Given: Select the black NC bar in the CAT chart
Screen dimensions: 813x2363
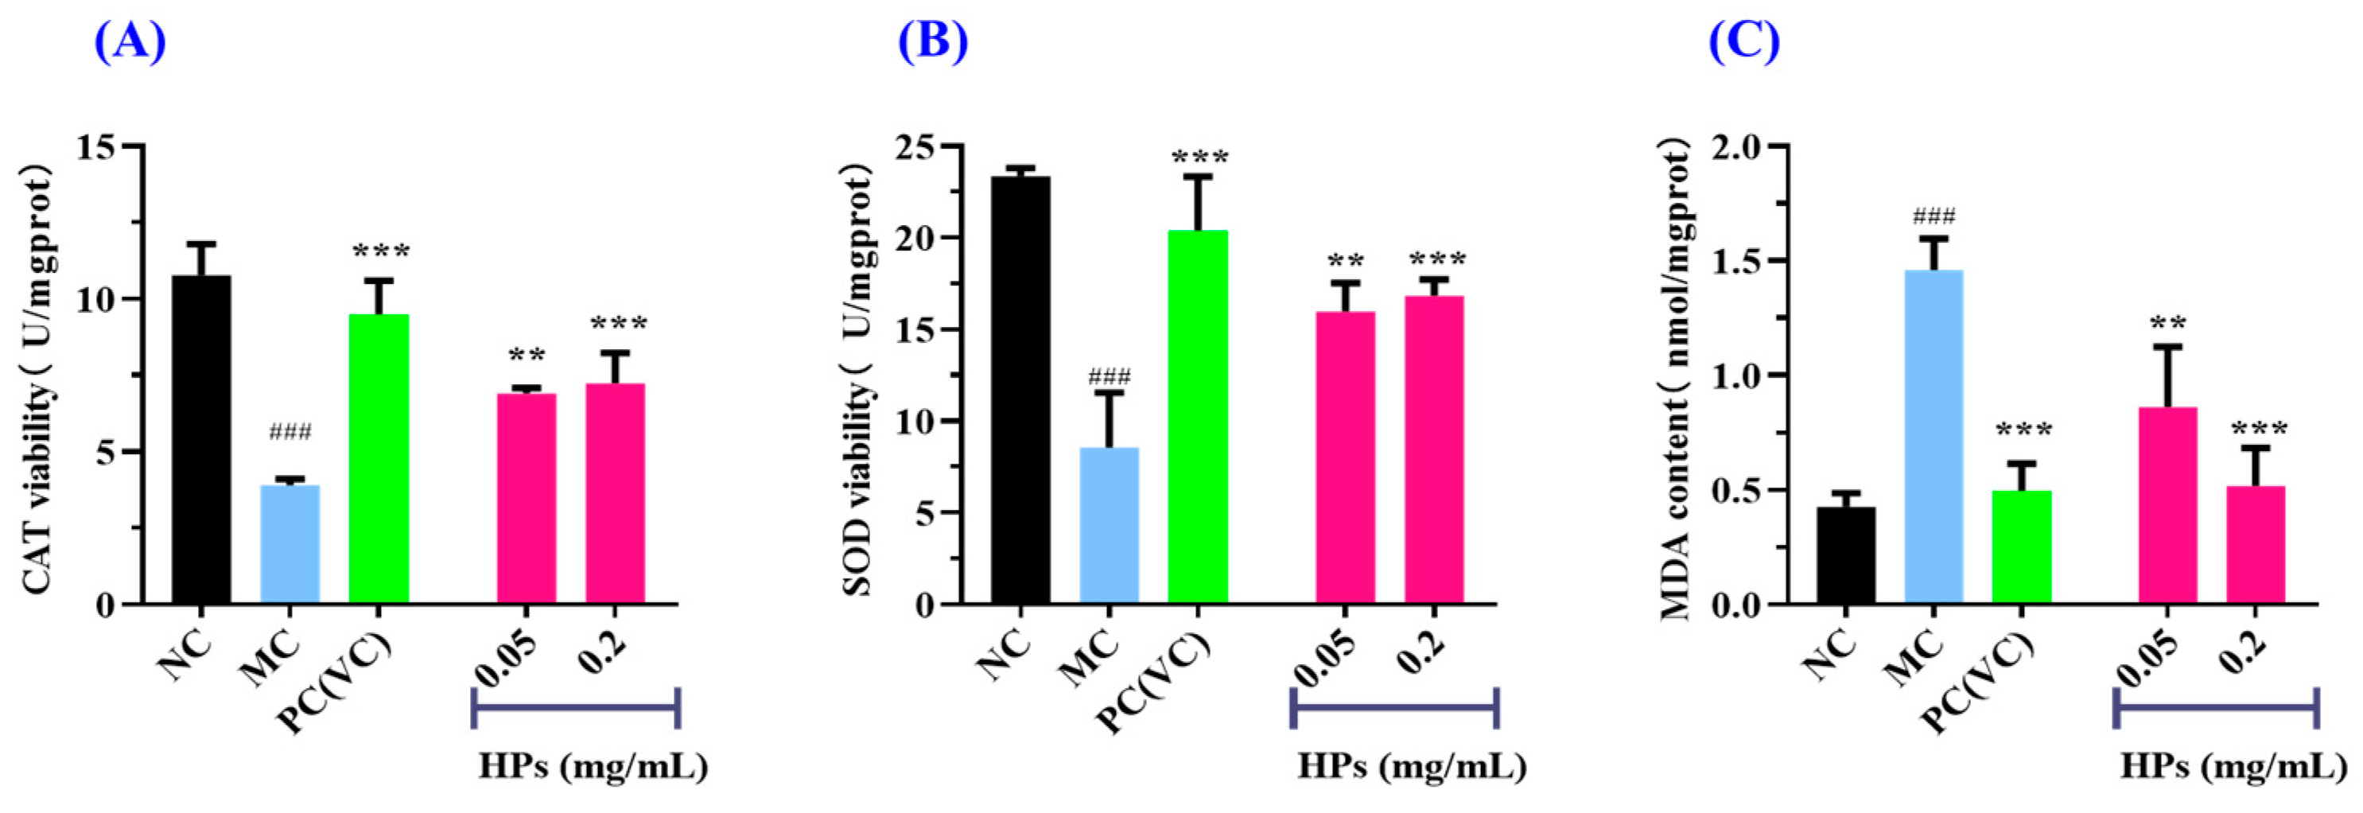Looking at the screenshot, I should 202,441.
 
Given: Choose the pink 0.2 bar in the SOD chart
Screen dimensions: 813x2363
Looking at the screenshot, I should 1434,449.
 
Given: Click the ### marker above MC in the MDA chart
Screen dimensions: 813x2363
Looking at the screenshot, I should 1934,217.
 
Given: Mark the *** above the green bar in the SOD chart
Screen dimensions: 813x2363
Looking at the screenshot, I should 1199,158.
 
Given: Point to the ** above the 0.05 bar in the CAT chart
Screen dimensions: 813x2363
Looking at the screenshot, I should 527,355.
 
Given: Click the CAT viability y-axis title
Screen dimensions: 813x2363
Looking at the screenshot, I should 38,376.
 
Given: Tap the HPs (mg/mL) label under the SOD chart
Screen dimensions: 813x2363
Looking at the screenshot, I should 1411,766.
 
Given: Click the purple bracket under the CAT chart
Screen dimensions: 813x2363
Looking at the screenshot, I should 575,707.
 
